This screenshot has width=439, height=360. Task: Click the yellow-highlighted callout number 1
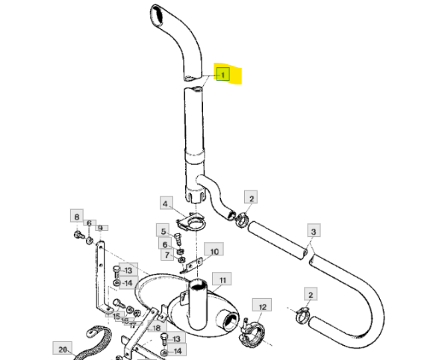(222, 74)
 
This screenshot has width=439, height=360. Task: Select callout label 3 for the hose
(314, 231)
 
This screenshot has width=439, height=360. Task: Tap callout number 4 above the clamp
(166, 203)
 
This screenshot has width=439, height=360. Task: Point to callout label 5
(164, 231)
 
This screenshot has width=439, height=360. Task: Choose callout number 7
(167, 255)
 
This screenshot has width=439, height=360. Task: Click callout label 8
(77, 216)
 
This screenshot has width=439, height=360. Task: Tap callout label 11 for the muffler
(222, 279)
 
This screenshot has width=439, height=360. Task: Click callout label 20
(62, 349)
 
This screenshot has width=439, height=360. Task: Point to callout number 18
(158, 327)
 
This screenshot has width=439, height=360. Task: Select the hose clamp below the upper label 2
(241, 220)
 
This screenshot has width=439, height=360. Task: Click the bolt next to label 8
(78, 235)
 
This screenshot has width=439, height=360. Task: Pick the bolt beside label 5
(178, 239)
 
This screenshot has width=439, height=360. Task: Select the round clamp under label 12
(252, 333)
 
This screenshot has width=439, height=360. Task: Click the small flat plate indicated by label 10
(192, 265)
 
